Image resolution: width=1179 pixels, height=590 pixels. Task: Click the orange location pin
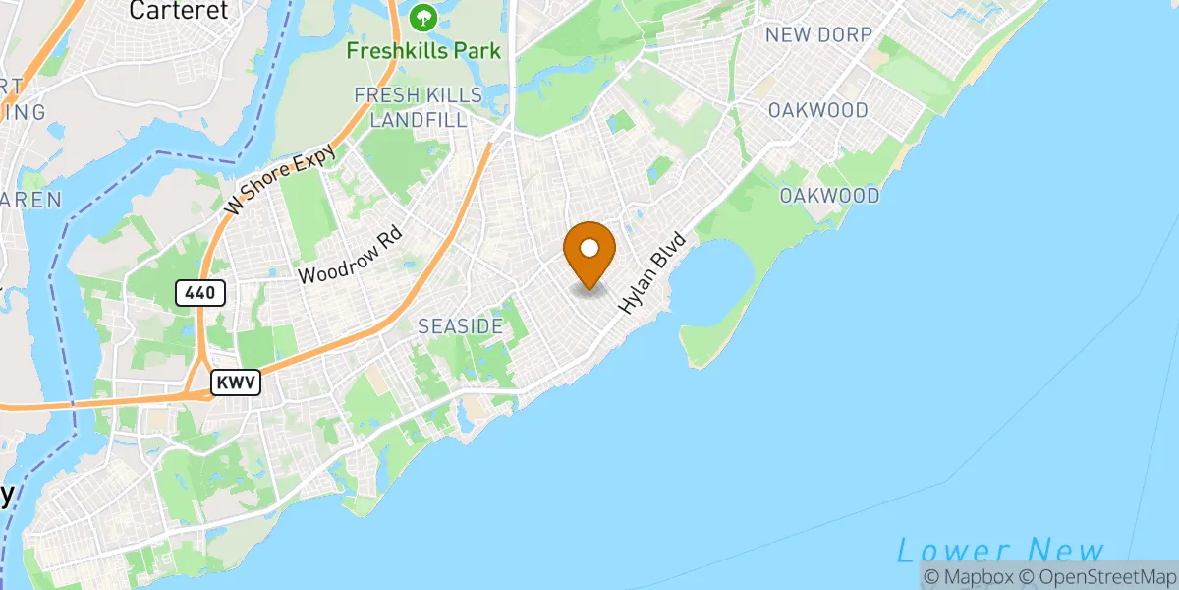[x=589, y=254]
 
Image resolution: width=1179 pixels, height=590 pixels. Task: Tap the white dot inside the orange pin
[x=589, y=247]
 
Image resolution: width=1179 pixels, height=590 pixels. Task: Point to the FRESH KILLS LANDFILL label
[x=419, y=107]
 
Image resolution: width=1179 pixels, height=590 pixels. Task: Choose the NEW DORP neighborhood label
[x=818, y=35]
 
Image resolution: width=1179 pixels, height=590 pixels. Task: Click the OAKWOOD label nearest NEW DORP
[x=818, y=110]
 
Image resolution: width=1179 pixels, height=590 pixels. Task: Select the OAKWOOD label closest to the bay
[x=829, y=196]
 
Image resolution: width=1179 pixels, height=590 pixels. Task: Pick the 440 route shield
[x=201, y=292]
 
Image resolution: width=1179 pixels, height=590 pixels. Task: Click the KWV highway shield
[x=237, y=383]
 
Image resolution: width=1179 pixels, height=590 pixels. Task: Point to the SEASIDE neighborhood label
[x=461, y=325]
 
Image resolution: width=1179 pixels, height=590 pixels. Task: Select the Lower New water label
[x=1000, y=551]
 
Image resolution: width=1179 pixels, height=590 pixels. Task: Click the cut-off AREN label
[x=29, y=200]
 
